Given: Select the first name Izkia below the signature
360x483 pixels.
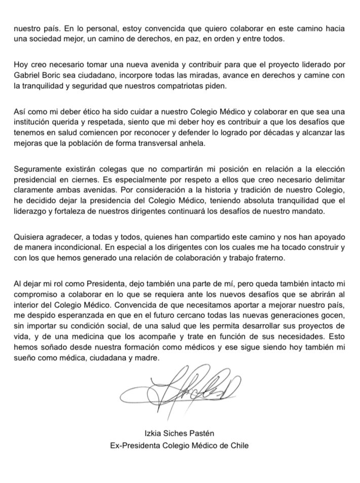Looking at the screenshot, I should click(154, 435).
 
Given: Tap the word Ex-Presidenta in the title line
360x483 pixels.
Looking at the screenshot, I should click(134, 445).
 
